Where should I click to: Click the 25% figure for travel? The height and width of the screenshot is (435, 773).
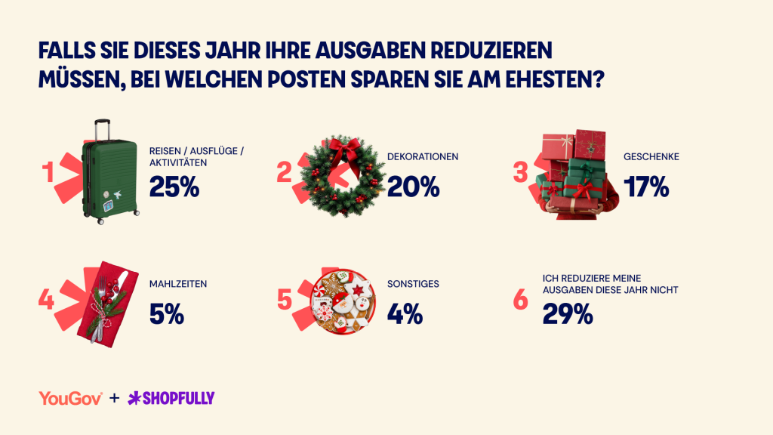coord(174,187)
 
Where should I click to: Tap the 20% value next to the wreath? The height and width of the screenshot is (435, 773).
coord(413,187)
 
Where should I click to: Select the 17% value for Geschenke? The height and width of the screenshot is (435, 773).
coord(646,187)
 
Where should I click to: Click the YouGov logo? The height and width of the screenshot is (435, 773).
coord(70,399)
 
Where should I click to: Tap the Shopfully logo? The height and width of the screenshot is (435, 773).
coord(171,398)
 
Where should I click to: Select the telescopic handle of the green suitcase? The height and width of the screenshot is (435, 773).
coord(102,129)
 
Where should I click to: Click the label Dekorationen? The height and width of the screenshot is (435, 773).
coord(423,157)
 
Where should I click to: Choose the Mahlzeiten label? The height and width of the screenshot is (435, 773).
coord(178,284)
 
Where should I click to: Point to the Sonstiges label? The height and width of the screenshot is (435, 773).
coord(413,284)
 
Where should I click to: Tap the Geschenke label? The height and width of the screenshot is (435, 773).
coord(651,157)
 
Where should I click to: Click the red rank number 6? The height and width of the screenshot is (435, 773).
coord(521,299)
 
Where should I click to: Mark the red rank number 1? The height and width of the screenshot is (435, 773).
coord(48,172)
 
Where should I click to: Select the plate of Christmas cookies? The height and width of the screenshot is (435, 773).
coord(343,302)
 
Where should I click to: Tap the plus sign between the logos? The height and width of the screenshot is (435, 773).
coord(115,398)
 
